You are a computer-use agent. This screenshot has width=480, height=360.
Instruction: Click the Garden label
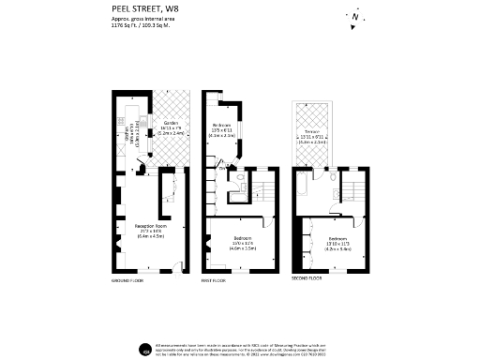tap(171, 123)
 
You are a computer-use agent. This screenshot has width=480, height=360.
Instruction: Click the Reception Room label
tap(148, 226)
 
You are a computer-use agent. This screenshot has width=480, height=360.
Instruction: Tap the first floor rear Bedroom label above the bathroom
tap(222, 125)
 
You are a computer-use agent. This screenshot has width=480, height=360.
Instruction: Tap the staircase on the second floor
tap(356, 195)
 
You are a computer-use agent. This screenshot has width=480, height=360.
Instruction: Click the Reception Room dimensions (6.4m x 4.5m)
tap(148, 236)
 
